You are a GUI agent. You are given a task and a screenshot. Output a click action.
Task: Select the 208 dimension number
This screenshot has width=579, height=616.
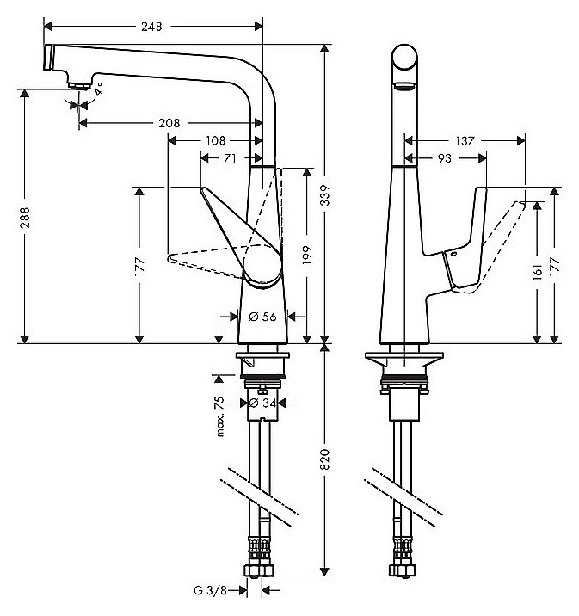click(169, 123)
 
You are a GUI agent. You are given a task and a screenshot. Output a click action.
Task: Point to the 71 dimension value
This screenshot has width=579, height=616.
click(231, 157)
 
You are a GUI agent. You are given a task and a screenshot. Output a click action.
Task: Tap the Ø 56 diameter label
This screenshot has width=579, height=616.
click(262, 317)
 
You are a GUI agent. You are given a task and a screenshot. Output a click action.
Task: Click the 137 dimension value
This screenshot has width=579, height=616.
click(465, 140)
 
